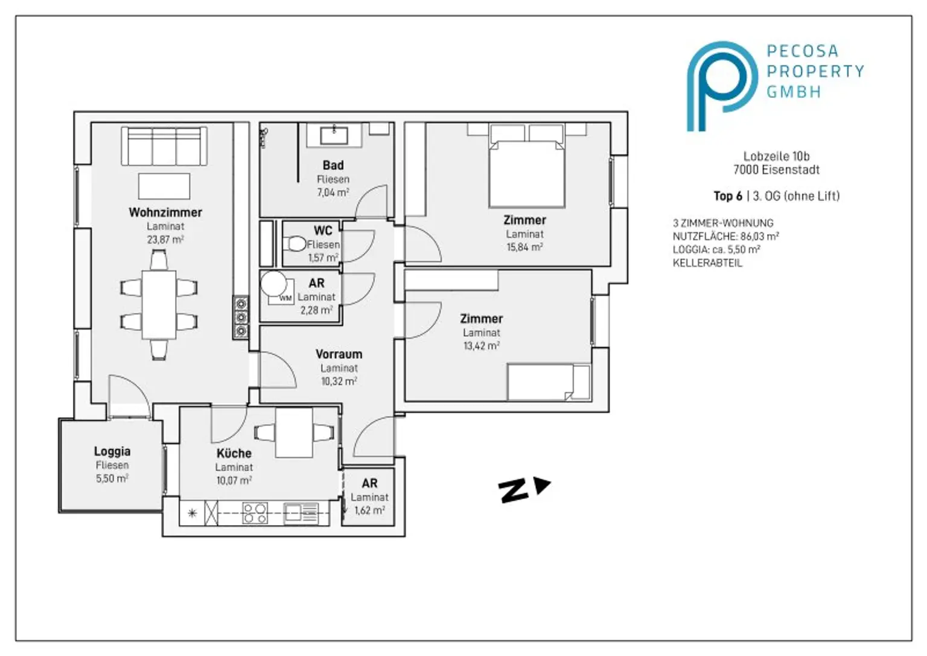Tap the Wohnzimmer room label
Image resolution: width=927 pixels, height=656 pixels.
tap(165, 212)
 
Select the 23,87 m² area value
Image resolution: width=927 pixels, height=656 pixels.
tap(165, 239)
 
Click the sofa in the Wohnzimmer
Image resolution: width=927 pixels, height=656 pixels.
tap(164, 146)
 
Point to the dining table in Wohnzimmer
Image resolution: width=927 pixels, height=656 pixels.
tap(159, 305)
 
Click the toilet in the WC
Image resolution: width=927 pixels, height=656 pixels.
tap(295, 243)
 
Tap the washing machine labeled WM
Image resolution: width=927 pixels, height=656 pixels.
tap(281, 292)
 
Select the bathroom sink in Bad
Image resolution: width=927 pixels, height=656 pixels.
tap(334, 135)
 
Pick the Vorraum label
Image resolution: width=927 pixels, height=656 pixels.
tap(339, 354)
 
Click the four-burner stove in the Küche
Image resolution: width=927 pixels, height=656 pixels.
tap(255, 513)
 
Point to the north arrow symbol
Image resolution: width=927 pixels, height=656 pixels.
tap(524, 490)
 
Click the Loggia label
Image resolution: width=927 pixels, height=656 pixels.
tap(112, 451)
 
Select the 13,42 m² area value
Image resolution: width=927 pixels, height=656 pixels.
tap(481, 346)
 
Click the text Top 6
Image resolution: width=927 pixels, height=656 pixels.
tap(728, 196)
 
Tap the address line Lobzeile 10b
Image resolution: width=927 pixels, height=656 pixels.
tap(776, 156)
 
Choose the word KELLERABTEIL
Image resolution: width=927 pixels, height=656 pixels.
tap(708, 263)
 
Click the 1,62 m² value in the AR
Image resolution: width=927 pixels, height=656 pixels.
tap(369, 510)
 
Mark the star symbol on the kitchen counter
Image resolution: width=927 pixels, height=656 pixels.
tap(192, 514)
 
